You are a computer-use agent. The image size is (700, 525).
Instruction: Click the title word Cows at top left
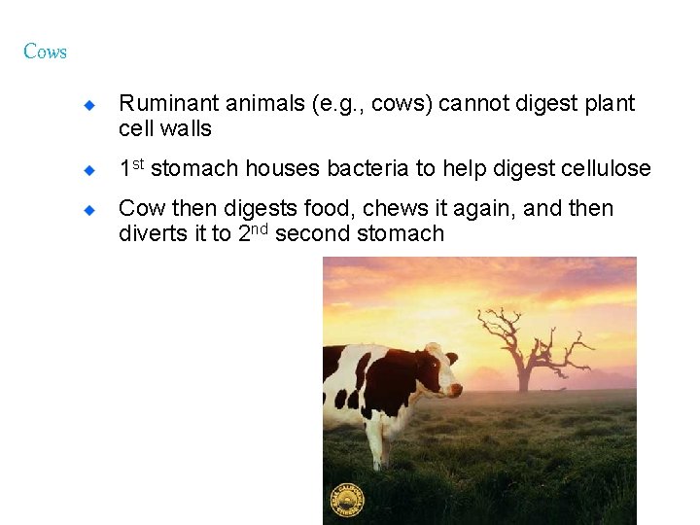click(45, 52)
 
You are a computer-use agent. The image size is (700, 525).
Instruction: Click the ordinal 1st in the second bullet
click(131, 168)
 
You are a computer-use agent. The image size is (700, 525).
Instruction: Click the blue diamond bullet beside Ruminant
click(87, 104)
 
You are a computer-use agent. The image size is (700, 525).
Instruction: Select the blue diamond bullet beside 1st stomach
click(87, 169)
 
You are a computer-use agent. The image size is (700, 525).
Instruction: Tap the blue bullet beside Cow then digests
click(87, 209)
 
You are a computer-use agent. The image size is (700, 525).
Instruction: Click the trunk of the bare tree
click(524, 375)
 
